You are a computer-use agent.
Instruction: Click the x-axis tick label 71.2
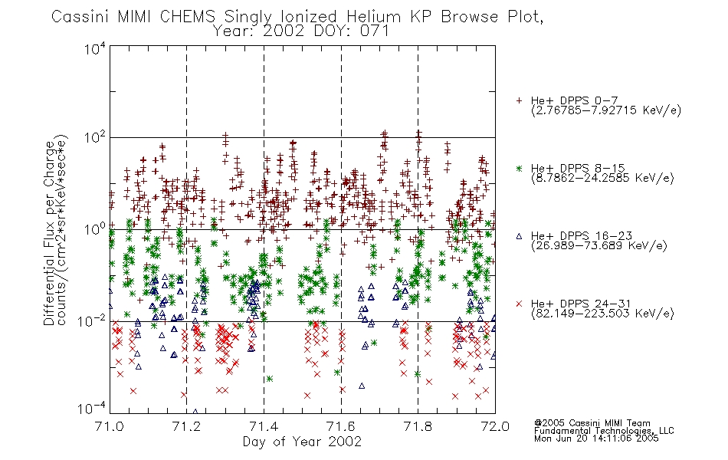point(186,426)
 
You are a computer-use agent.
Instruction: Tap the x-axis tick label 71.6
point(341,426)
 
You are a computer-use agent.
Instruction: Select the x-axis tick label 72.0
point(495,426)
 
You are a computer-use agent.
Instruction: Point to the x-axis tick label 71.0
point(109,426)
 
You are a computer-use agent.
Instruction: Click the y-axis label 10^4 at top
point(95,48)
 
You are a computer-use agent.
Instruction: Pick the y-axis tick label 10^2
point(95,138)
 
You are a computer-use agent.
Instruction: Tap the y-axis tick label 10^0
point(95,229)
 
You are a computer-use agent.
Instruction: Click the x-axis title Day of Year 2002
point(302,442)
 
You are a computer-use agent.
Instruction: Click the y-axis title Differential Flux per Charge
point(50,233)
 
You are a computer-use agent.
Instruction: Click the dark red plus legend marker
point(519,100)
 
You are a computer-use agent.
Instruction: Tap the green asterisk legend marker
point(519,168)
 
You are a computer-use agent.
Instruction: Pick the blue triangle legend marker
point(519,236)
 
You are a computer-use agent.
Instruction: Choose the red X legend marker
point(519,304)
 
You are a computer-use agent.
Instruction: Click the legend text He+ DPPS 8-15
point(578,168)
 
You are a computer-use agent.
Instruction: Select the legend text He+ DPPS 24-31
point(581,304)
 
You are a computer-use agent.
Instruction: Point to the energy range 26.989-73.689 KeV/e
point(599,245)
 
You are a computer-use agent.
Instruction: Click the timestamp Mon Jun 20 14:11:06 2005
point(596,439)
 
